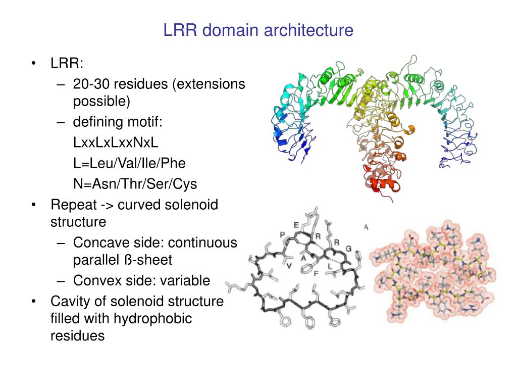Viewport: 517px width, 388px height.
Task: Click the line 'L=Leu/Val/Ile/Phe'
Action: tap(129, 163)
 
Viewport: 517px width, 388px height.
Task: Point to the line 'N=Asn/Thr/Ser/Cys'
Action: tap(135, 184)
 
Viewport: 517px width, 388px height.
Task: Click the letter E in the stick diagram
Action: tap(296, 225)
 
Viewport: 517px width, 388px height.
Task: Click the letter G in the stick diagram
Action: tap(348, 248)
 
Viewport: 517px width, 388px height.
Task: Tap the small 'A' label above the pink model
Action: tap(366, 228)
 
